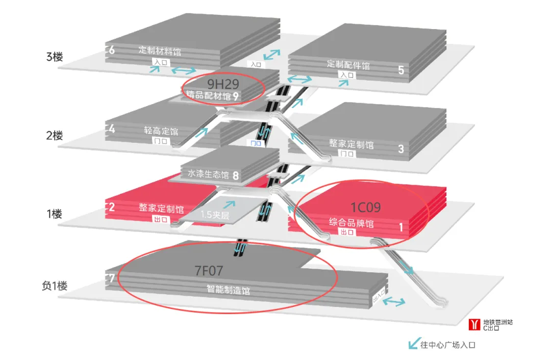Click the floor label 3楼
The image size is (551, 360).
pyautogui.click(x=54, y=57)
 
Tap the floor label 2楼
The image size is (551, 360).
pyautogui.click(x=54, y=136)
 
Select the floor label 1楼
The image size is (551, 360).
pyautogui.click(x=54, y=214)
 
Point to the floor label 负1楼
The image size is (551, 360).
pyautogui.click(x=55, y=286)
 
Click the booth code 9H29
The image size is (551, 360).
pyautogui.click(x=223, y=84)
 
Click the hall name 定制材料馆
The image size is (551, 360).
pyautogui.click(x=160, y=51)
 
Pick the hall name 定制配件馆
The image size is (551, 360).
pyautogui.click(x=348, y=65)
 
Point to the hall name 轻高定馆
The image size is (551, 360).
pyautogui.click(x=161, y=131)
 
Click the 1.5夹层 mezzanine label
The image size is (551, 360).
pyautogui.click(x=215, y=215)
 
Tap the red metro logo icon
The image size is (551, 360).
pyautogui.click(x=474, y=324)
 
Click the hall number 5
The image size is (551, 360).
pyautogui.click(x=401, y=70)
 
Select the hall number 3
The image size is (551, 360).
pyautogui.click(x=401, y=149)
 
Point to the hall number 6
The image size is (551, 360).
pyautogui.click(x=112, y=50)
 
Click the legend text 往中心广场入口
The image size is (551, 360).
pyautogui.click(x=447, y=345)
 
